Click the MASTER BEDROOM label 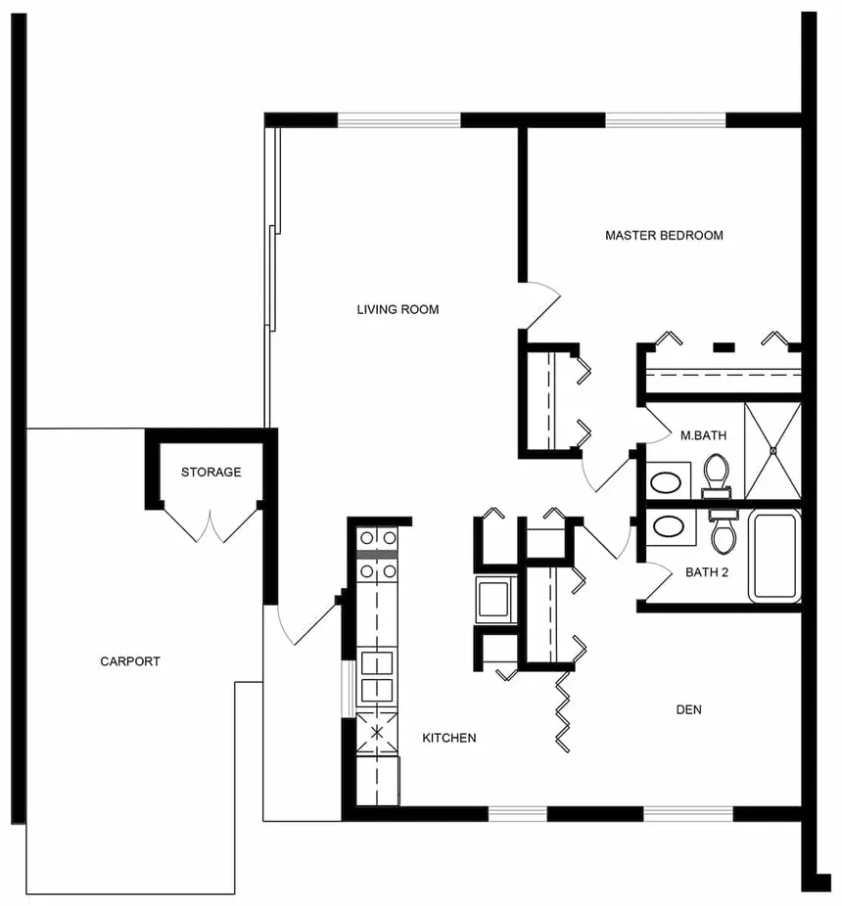point(664,235)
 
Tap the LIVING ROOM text point(398,309)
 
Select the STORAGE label point(210,472)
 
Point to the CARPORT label point(130,661)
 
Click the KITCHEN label point(448,738)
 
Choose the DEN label point(688,709)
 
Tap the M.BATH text point(702,435)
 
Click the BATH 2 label point(707,572)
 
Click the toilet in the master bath point(717,473)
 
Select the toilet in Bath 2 point(725,534)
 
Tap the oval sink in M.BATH point(668,481)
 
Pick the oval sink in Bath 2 point(669,526)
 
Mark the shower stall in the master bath point(772,450)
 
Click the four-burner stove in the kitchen point(377,553)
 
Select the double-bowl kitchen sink point(377,677)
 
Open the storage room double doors point(210,524)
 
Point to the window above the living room point(398,120)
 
